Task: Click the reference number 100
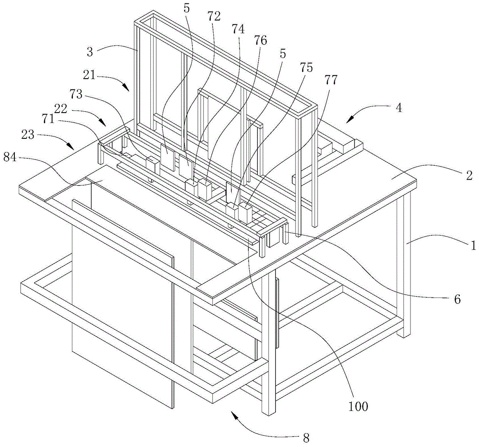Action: (358, 406)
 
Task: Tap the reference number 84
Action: (11, 158)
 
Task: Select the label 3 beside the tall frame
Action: (90, 52)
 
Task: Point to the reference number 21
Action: (90, 74)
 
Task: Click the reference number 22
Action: (61, 108)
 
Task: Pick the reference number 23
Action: (28, 135)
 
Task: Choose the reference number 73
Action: (76, 94)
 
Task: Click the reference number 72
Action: (214, 16)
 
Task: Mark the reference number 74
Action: (238, 29)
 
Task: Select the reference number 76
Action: (260, 40)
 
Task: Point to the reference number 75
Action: (306, 68)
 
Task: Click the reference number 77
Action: (331, 80)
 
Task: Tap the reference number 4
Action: (399, 107)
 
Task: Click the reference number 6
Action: (457, 299)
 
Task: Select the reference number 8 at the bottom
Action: (306, 437)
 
